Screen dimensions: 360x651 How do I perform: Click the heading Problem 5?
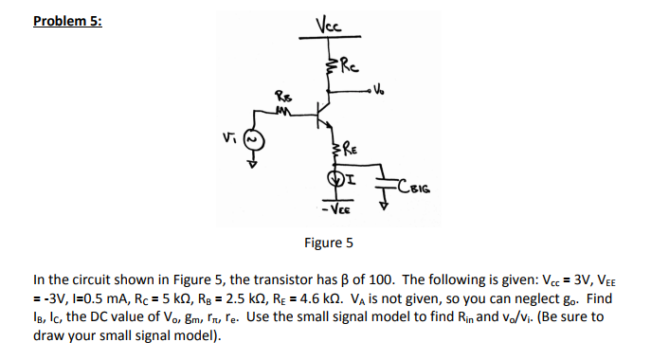coord(66,21)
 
